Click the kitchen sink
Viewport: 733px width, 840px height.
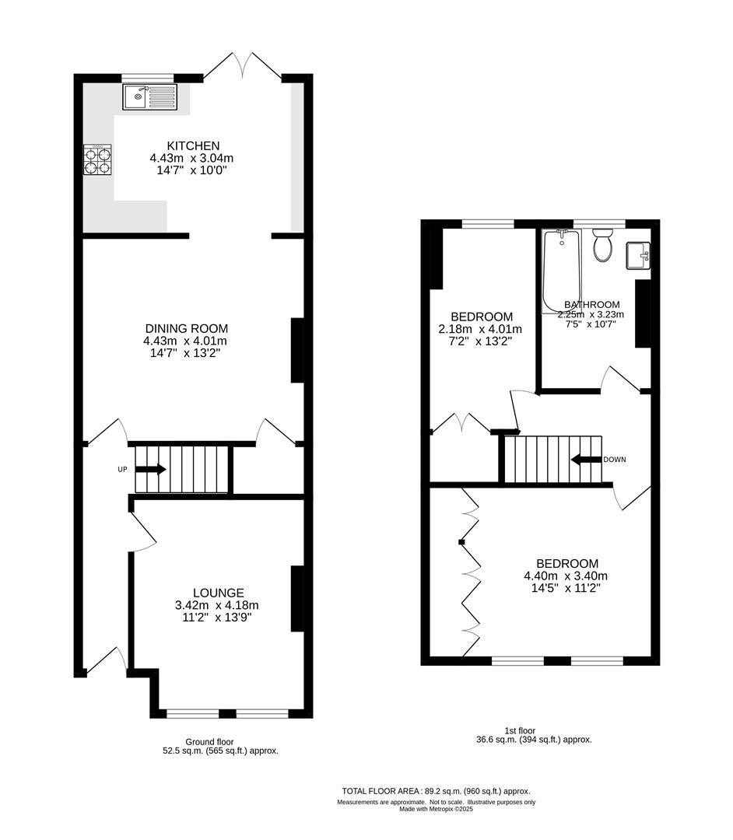150,97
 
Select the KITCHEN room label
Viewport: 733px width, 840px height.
193,145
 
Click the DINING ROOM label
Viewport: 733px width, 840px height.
185,328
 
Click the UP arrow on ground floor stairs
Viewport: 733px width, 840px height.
150,469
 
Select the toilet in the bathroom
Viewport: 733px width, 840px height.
603,247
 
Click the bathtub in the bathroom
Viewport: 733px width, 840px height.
561,268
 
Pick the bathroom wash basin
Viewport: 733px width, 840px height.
639,254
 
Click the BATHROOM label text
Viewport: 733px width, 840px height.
592,304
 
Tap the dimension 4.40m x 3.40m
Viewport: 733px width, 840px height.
566,576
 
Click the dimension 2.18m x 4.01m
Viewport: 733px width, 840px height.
481,329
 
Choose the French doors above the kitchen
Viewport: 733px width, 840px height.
243,66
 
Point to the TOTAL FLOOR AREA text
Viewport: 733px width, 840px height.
436,789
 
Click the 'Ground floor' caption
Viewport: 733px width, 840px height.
209,742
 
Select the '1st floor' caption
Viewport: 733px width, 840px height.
521,730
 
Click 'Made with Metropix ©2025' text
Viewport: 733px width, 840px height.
436,809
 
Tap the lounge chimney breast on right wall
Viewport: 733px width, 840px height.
296,598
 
